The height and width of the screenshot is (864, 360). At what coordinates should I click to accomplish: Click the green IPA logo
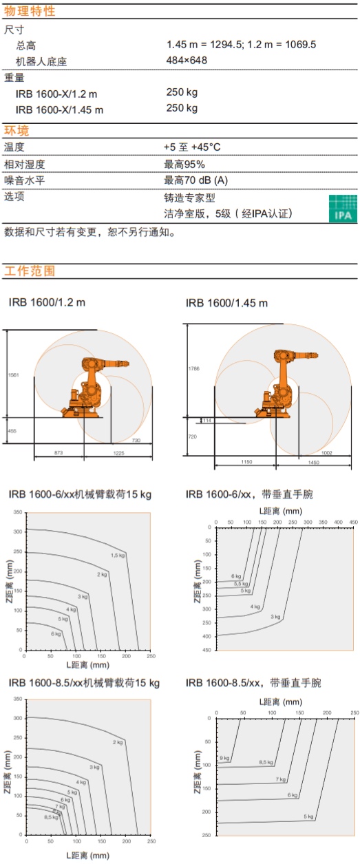[343, 209]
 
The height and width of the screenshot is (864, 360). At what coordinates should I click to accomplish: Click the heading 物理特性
[30, 11]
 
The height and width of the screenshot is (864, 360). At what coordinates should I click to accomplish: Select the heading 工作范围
[30, 271]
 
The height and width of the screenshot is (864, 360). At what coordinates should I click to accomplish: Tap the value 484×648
[187, 60]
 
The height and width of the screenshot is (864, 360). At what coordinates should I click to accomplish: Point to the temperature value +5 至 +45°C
[192, 147]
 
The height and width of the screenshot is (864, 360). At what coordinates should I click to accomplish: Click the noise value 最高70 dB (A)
[195, 180]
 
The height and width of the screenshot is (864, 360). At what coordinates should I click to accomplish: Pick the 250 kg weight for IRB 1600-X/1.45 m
[182, 108]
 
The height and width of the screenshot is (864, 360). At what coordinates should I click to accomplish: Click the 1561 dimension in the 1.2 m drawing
[14, 375]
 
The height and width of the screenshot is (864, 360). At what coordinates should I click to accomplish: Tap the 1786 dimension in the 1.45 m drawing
[194, 368]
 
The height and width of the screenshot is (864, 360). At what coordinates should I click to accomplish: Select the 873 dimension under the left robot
[59, 452]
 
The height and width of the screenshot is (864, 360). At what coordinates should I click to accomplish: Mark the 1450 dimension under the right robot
[314, 462]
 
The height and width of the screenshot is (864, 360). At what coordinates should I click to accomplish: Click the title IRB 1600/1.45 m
[226, 303]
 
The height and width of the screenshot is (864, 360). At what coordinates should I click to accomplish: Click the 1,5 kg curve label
[118, 555]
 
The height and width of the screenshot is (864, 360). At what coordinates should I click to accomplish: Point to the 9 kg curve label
[224, 758]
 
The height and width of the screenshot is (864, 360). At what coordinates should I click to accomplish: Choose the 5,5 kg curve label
[241, 584]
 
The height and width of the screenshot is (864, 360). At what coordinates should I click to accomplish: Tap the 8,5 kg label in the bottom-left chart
[51, 817]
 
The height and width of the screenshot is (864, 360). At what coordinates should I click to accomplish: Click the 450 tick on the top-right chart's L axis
[353, 522]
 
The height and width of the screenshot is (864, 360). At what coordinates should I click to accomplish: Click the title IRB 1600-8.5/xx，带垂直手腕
[253, 683]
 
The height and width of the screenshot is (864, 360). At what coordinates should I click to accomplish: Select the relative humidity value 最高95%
[184, 165]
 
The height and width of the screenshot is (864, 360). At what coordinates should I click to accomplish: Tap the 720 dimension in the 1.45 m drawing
[193, 436]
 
